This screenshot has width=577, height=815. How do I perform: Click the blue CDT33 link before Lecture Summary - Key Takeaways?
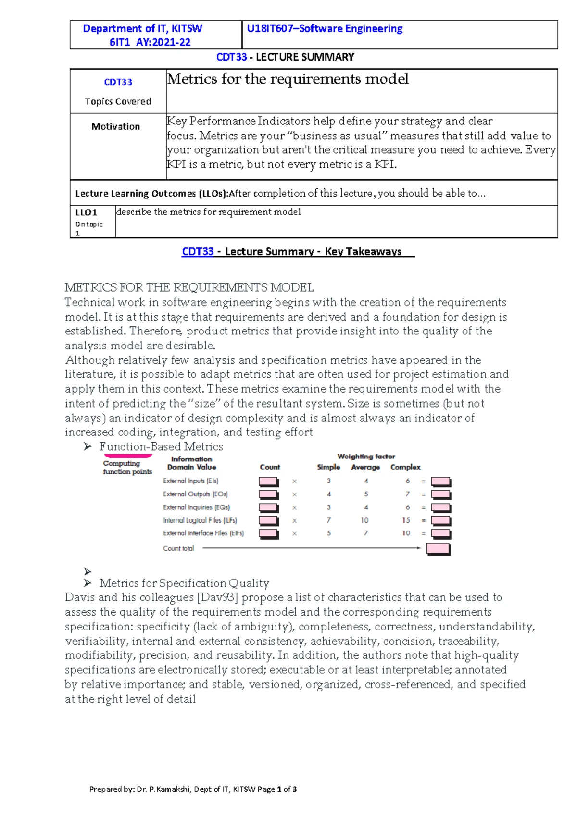tap(197, 251)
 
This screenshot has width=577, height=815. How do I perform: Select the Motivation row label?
tap(115, 126)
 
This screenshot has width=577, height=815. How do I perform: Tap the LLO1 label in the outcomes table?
tap(86, 212)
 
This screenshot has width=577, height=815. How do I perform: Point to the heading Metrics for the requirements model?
tap(288, 79)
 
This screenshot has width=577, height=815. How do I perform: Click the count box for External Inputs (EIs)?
tap(268, 482)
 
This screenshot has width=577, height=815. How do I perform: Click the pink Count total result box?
tap(438, 549)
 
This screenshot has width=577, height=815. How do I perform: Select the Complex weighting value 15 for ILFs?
tap(406, 520)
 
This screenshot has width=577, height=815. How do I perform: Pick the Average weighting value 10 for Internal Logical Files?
tap(364, 520)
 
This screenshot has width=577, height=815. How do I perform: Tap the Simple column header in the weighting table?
tap(328, 467)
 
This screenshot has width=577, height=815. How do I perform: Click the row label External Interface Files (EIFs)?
tap(203, 533)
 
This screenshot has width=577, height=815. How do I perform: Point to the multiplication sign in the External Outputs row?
tap(294, 494)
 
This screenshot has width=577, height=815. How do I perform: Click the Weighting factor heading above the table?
tap(366, 456)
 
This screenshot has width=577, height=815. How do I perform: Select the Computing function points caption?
tap(127, 467)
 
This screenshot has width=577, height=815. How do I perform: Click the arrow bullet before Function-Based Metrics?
tap(88, 446)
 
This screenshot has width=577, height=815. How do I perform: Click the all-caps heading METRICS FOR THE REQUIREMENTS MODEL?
tap(189, 287)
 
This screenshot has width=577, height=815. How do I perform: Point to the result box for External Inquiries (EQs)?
tap(440, 507)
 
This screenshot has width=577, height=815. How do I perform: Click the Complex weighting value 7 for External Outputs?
tap(407, 494)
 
